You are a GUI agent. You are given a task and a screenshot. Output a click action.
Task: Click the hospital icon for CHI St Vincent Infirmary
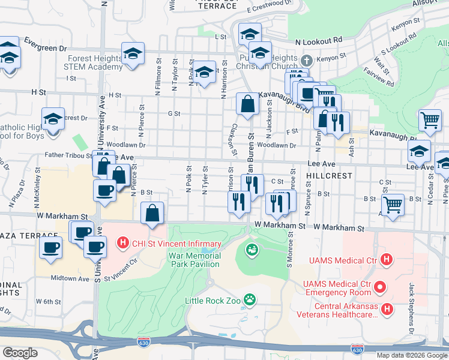[123, 244]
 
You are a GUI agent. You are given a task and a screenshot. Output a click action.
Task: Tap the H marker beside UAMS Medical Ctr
[387, 260]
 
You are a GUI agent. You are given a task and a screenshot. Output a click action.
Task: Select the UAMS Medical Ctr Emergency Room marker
[379, 288]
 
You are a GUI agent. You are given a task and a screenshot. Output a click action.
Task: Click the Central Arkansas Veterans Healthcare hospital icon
[387, 309]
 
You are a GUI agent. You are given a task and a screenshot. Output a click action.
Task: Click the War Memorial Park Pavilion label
[194, 260]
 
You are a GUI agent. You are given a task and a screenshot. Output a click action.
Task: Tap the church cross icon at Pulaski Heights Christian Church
[307, 61]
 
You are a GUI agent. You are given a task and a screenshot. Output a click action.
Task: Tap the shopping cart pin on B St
[393, 205]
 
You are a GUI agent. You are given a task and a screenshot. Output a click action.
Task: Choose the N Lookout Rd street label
[319, 40]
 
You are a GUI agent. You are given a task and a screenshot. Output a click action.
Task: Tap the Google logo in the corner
[20, 352]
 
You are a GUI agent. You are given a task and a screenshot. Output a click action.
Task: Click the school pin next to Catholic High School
[53, 119]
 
